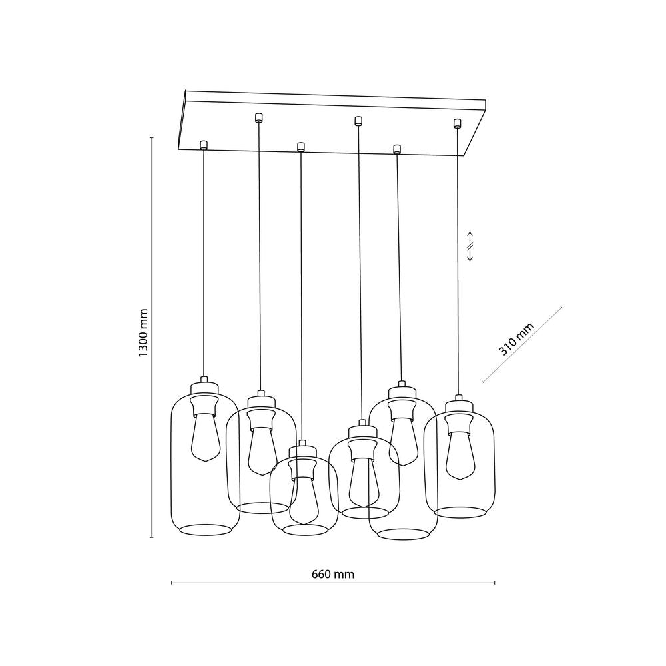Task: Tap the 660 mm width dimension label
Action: pos(332,574)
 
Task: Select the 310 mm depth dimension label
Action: pos(516,338)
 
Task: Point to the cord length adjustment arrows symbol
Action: pos(470,247)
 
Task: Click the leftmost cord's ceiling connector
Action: pos(203,145)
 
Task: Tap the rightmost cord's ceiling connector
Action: pos(457,123)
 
